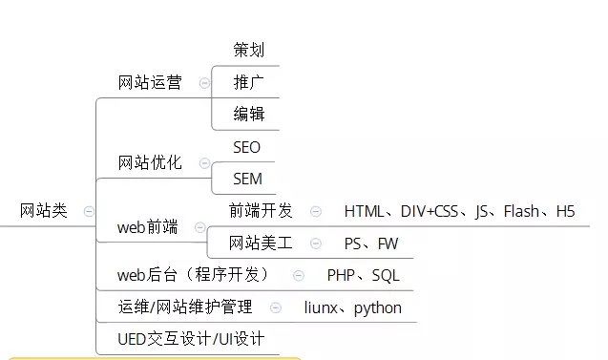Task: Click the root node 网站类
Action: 44,211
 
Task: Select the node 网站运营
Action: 150,82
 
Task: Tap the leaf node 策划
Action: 248,50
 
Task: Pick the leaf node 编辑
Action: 248,115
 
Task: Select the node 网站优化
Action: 150,163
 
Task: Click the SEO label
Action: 246,147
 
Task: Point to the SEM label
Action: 247,179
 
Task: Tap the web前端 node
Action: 148,227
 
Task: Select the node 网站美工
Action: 261,244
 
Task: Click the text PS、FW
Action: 371,244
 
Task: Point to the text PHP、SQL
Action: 364,275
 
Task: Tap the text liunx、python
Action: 353,307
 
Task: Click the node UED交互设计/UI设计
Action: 191,339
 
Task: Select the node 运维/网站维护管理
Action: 185,307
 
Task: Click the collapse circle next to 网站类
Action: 89,211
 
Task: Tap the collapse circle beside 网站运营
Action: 204,83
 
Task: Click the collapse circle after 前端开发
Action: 316,211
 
